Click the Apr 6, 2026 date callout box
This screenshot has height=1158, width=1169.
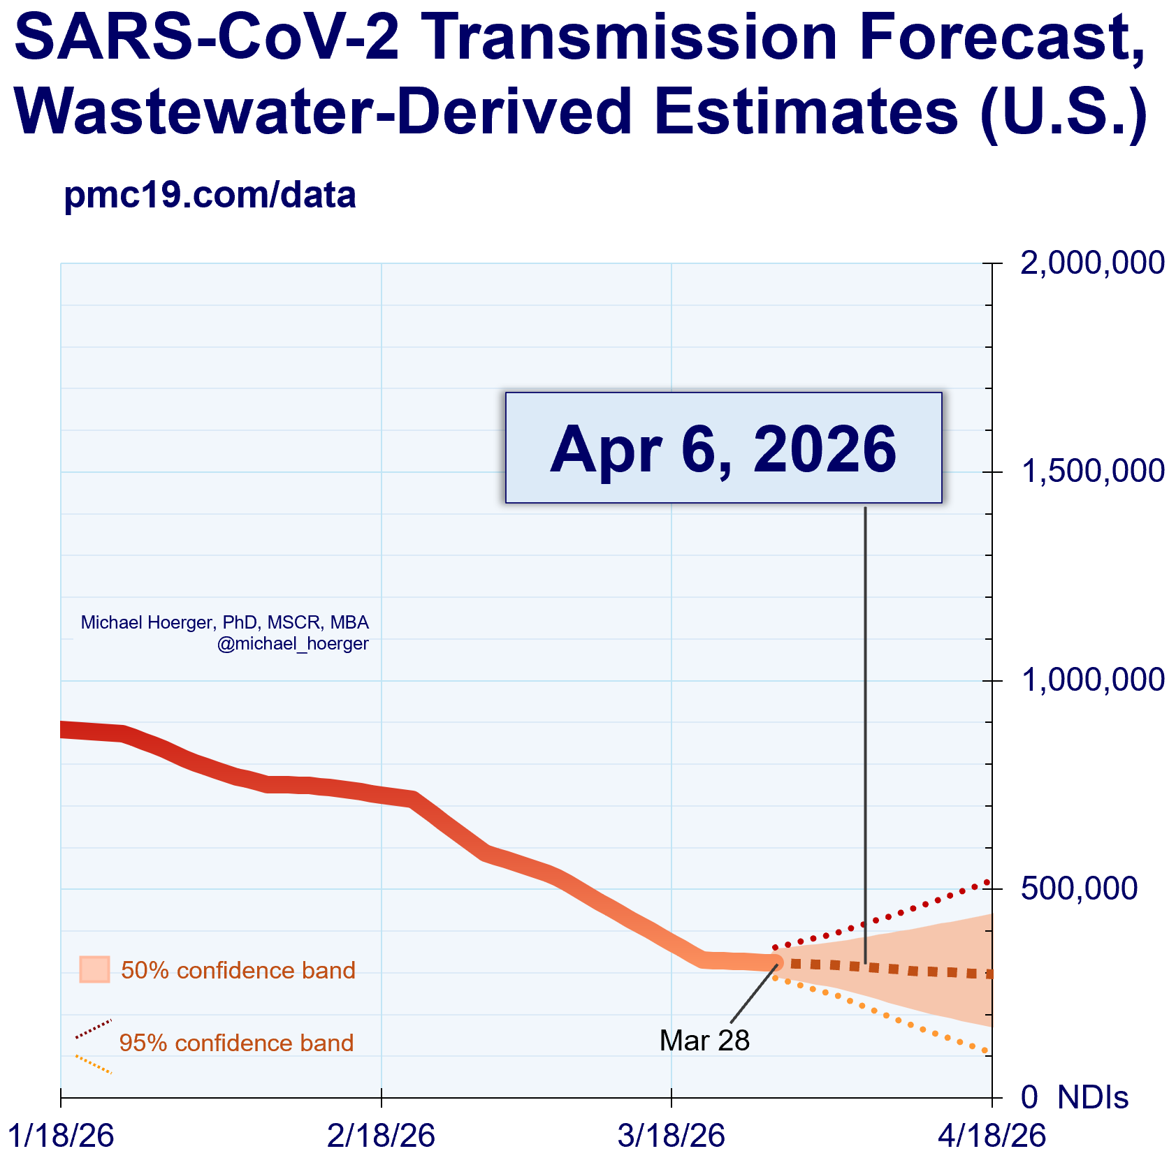click(723, 448)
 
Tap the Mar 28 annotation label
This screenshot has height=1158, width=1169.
click(704, 1041)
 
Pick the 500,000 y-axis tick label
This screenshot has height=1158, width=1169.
click(1079, 888)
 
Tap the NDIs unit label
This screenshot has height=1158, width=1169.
click(1093, 1098)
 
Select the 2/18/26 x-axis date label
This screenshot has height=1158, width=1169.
click(381, 1136)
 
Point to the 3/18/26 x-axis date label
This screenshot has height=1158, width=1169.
click(671, 1136)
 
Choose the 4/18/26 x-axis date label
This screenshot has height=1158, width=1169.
click(992, 1136)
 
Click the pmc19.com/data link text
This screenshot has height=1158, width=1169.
click(210, 196)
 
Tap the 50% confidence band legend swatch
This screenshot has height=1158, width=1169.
click(94, 969)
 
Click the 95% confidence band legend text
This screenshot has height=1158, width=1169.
click(236, 1043)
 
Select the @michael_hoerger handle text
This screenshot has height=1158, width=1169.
click(293, 644)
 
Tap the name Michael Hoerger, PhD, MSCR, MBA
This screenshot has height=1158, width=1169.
click(224, 622)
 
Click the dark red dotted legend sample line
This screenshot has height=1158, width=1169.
click(94, 1028)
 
